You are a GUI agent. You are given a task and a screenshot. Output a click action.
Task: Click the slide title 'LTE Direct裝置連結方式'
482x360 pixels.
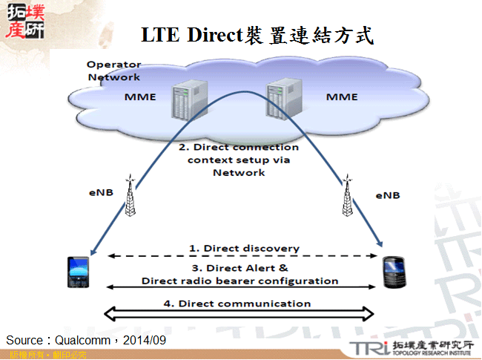pyautogui.click(x=257, y=35)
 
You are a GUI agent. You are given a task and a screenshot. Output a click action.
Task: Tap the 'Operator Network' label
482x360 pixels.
pyautogui.click(x=113, y=71)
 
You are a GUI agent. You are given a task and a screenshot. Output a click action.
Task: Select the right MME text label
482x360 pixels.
pyautogui.click(x=342, y=97)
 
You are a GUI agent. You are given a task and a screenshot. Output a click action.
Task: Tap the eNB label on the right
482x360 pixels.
pyautogui.click(x=387, y=195)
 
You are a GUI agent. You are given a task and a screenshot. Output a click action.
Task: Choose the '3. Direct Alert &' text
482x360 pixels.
pyautogui.click(x=240, y=268)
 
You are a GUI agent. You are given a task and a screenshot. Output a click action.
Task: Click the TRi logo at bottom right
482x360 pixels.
pyautogui.click(x=366, y=348)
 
